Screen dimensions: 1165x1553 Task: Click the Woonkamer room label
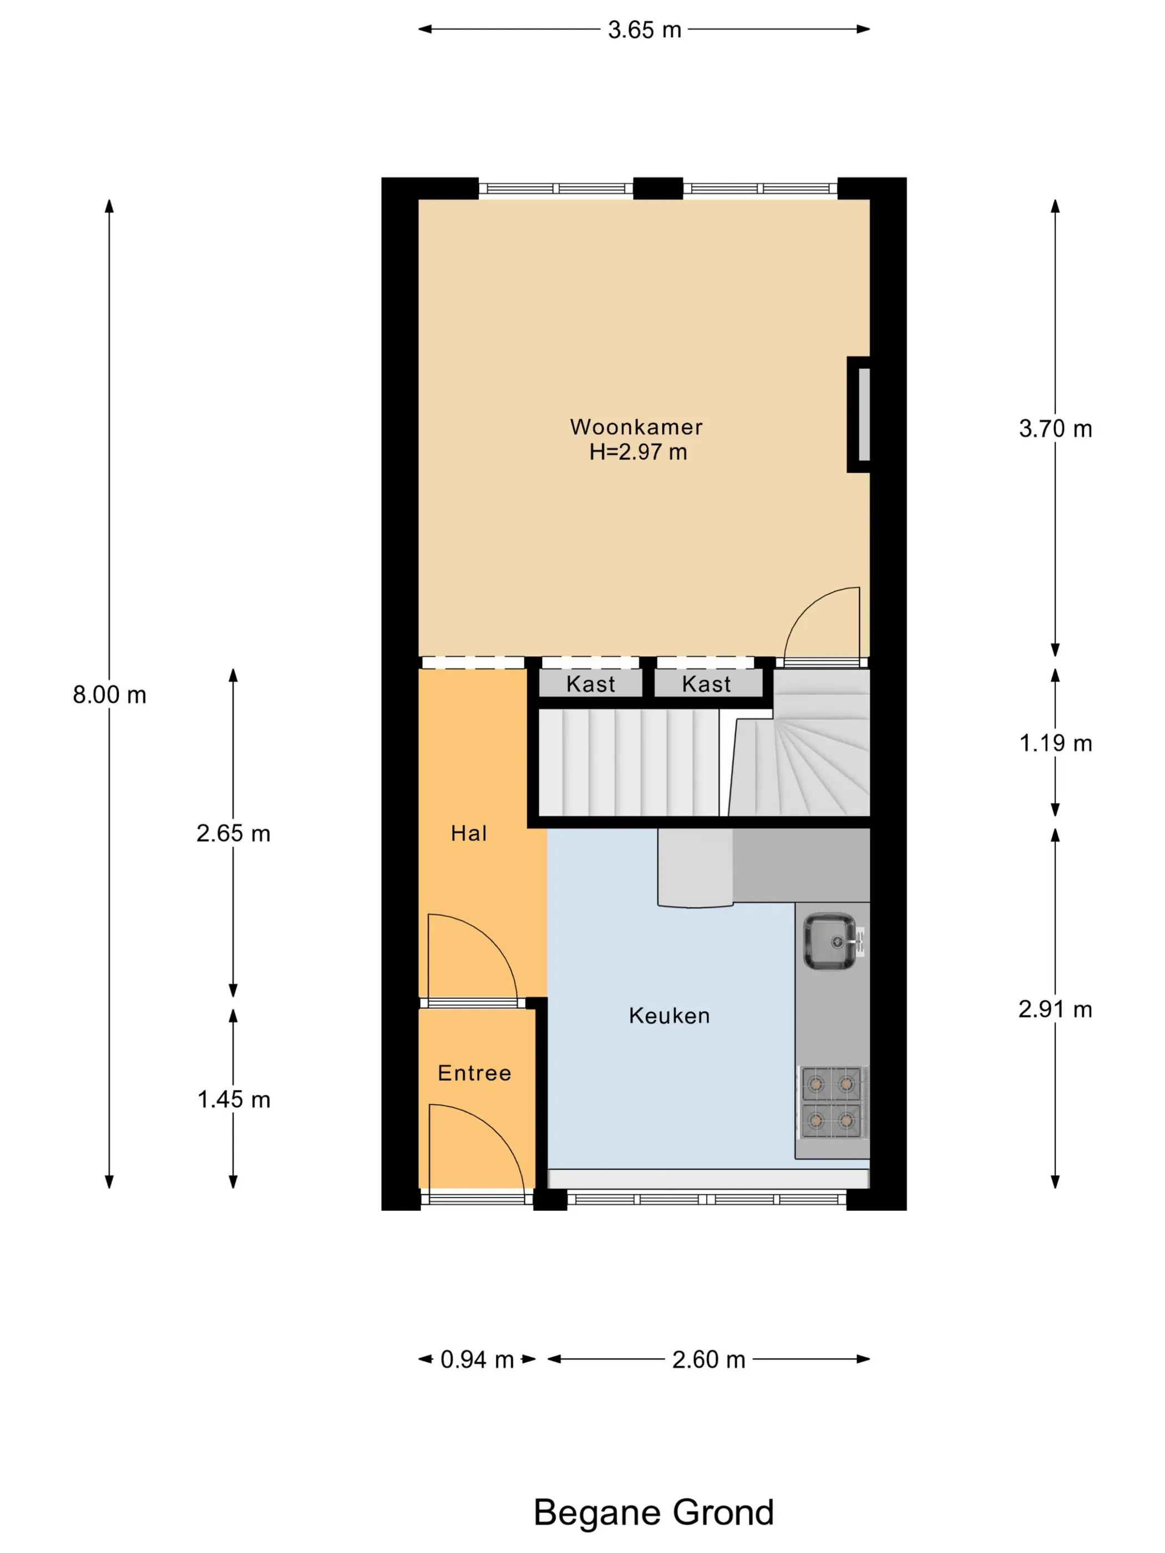tap(636, 427)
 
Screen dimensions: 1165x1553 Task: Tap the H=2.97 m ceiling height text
tap(637, 452)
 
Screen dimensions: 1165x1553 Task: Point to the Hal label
tap(468, 834)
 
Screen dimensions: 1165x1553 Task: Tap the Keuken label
tap(669, 1016)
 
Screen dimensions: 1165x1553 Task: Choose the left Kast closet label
tap(591, 684)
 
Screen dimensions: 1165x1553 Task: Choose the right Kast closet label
tap(706, 684)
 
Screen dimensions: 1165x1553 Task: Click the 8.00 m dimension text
tap(109, 694)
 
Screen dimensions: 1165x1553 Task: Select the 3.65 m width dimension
tap(645, 29)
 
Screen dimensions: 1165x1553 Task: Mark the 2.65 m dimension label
tap(233, 834)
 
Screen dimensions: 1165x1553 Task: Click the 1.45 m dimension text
tap(233, 1099)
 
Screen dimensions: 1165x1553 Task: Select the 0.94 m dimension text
tap(477, 1359)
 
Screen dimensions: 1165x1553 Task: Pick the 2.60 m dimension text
tap(708, 1359)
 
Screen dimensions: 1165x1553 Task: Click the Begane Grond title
tap(654, 1513)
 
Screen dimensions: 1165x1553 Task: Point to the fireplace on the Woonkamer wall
tap(859, 414)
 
